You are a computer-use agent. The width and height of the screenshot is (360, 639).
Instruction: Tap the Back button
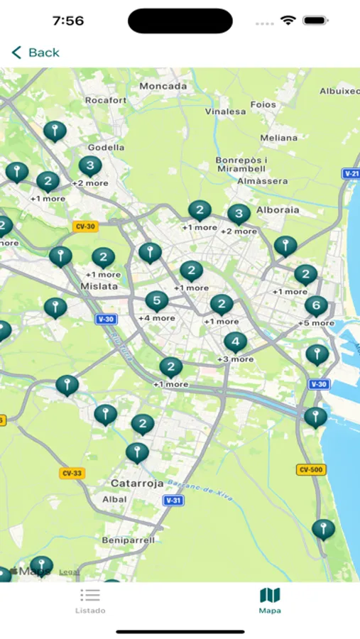[x=36, y=53]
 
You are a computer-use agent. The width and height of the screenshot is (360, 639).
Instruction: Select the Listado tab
[x=90, y=600]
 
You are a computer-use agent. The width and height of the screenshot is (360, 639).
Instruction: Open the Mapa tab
[x=270, y=600]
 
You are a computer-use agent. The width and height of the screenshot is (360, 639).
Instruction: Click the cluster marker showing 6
[x=316, y=306]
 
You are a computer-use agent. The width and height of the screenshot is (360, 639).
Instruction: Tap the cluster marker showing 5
[x=157, y=301]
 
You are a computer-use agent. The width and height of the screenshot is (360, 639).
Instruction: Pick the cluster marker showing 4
[x=235, y=342]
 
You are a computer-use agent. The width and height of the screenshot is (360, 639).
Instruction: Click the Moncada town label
[x=163, y=87]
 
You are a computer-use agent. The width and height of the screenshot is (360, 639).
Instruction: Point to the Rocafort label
[x=106, y=101]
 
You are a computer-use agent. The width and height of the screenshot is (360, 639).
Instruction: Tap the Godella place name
[x=107, y=148]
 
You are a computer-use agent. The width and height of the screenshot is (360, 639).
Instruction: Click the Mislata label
[x=99, y=287]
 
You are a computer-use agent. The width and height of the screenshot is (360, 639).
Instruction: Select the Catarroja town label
[x=137, y=484]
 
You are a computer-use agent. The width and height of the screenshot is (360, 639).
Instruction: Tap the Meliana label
[x=279, y=138]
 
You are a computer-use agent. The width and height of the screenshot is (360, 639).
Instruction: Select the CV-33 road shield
[x=72, y=473]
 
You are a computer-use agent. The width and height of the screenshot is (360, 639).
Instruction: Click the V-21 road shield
[x=351, y=173]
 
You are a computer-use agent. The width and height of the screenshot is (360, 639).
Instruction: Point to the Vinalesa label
[x=226, y=111]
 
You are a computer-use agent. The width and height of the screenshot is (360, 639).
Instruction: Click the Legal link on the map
[x=69, y=572]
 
